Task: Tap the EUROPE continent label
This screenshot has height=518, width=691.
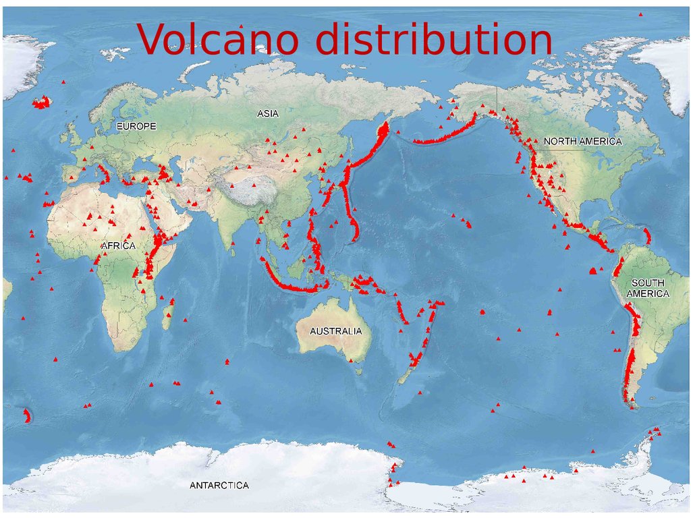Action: tap(136, 126)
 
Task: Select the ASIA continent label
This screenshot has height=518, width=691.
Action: tap(268, 114)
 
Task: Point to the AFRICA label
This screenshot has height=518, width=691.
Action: tap(119, 246)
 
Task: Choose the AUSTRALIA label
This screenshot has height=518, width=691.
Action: tap(335, 331)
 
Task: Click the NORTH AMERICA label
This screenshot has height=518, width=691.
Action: tap(583, 141)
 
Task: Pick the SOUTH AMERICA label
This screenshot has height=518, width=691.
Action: tap(648, 288)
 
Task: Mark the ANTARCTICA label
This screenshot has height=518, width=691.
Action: tap(219, 486)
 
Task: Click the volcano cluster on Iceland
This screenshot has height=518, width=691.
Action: tap(43, 102)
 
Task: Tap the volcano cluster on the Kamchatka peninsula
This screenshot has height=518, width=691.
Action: tap(383, 130)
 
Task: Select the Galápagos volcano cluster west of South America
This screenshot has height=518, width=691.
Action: tap(592, 271)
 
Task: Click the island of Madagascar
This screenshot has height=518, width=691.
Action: tap(169, 314)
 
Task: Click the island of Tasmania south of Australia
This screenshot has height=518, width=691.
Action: tap(358, 369)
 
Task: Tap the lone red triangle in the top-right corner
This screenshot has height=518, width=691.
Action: tap(640, 14)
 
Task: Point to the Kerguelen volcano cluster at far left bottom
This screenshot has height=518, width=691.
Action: tap(26, 415)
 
